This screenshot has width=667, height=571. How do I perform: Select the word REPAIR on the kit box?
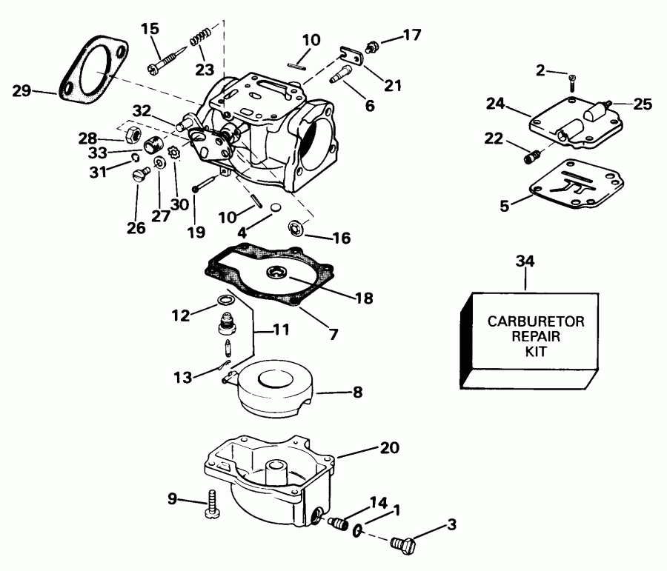pyautogui.click(x=525, y=336)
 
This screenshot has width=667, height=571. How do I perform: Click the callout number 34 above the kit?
pyautogui.click(x=525, y=261)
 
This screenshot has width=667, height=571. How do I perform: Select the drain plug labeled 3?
pyautogui.click(x=401, y=547)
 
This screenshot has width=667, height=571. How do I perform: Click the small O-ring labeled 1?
pyautogui.click(x=359, y=530)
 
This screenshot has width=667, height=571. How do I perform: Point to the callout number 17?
pyautogui.click(x=411, y=33)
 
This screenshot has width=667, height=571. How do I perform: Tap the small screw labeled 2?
pyautogui.click(x=571, y=78)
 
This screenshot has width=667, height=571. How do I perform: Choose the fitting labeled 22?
pyautogui.click(x=531, y=156)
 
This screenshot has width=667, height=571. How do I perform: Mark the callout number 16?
pyautogui.click(x=342, y=238)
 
